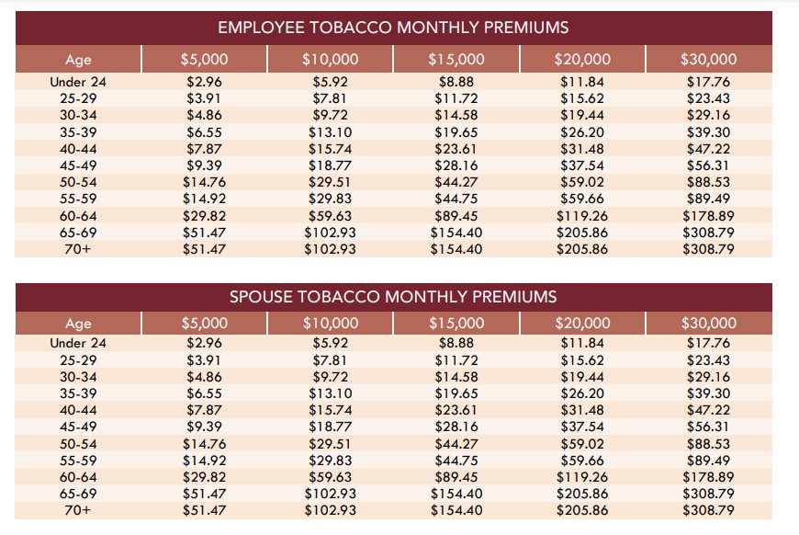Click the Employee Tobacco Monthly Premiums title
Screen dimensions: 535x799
393,28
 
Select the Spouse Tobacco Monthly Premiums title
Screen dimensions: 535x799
393,296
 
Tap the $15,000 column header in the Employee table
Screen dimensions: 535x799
456,60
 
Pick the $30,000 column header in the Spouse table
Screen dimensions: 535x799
708,323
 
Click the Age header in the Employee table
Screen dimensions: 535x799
79,60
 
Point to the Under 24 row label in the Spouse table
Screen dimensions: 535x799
79,343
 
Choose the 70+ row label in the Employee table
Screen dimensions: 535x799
79,249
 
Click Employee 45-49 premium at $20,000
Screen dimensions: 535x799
582,165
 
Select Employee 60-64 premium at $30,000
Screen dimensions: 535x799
708,216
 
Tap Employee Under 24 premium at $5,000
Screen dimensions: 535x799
204,82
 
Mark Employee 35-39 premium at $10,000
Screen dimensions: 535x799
330,132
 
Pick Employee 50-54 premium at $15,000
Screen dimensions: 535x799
456,182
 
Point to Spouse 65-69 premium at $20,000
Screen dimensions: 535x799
582,494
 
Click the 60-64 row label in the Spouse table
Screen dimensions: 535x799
79,477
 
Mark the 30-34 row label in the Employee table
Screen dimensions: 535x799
79,116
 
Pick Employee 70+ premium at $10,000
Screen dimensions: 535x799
330,249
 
